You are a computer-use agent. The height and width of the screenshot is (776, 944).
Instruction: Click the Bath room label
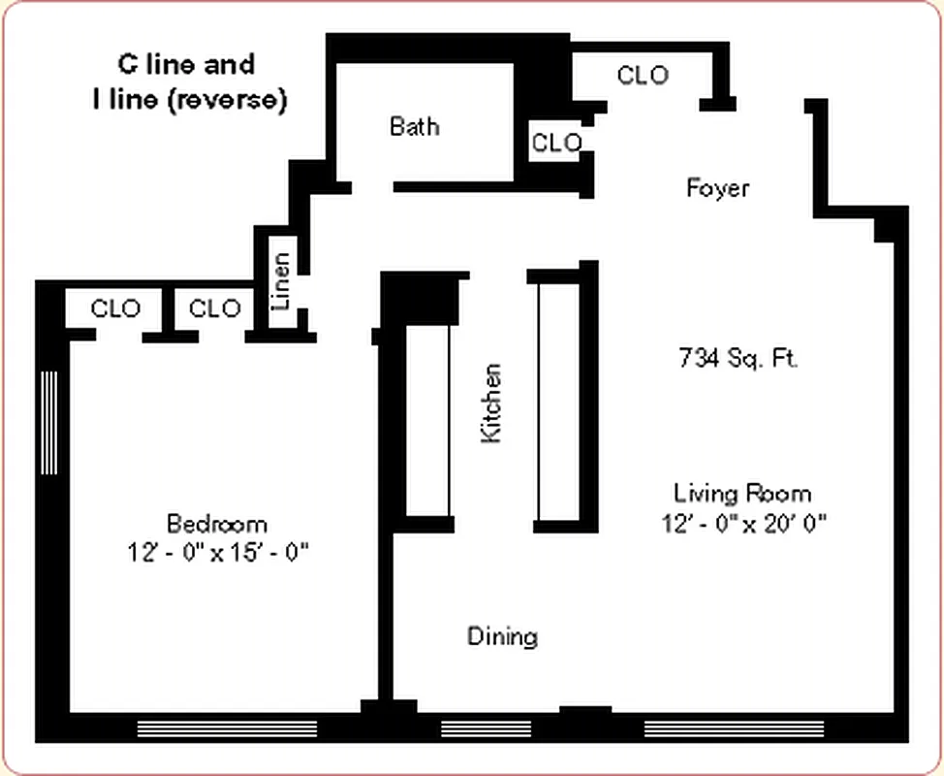click(414, 126)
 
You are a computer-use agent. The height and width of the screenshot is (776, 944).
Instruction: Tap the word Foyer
click(717, 187)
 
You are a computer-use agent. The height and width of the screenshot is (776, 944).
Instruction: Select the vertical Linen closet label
click(281, 281)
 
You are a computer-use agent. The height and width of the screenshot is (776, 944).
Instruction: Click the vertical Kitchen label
click(492, 404)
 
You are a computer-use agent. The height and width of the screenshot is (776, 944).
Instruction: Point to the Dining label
click(502, 636)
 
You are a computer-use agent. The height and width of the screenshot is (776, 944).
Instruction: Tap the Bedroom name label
click(217, 524)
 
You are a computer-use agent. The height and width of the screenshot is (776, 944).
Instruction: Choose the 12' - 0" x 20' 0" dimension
click(743, 523)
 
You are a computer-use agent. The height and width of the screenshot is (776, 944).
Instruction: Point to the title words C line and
click(186, 65)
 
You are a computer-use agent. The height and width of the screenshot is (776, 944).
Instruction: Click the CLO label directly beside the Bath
click(556, 143)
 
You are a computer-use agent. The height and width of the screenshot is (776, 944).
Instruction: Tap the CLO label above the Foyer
click(643, 75)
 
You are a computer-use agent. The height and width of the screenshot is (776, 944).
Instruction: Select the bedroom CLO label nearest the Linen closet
click(214, 308)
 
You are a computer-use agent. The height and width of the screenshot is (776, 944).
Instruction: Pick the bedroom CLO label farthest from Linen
click(115, 308)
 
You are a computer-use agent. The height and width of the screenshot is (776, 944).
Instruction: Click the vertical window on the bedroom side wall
click(49, 422)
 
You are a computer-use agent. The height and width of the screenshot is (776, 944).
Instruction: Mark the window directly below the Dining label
click(487, 727)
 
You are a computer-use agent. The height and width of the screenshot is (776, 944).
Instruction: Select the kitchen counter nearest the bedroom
click(427, 419)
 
